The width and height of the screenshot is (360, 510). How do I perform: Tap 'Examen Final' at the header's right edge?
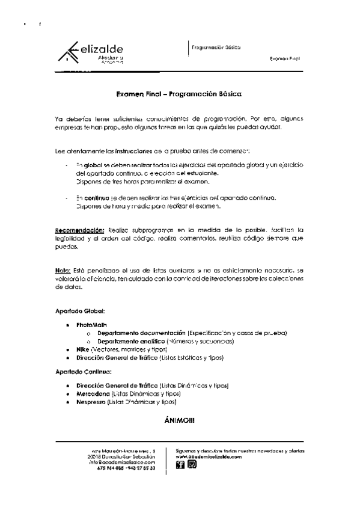point(284,60)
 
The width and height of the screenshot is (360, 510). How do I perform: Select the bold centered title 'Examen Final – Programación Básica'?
point(179,94)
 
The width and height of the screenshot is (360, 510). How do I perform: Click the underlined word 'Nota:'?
point(63,271)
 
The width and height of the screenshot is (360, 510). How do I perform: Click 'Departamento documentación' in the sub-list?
point(141,333)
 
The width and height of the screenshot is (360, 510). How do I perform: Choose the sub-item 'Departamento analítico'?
point(132,341)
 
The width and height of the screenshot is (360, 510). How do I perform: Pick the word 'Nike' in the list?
point(83,349)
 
